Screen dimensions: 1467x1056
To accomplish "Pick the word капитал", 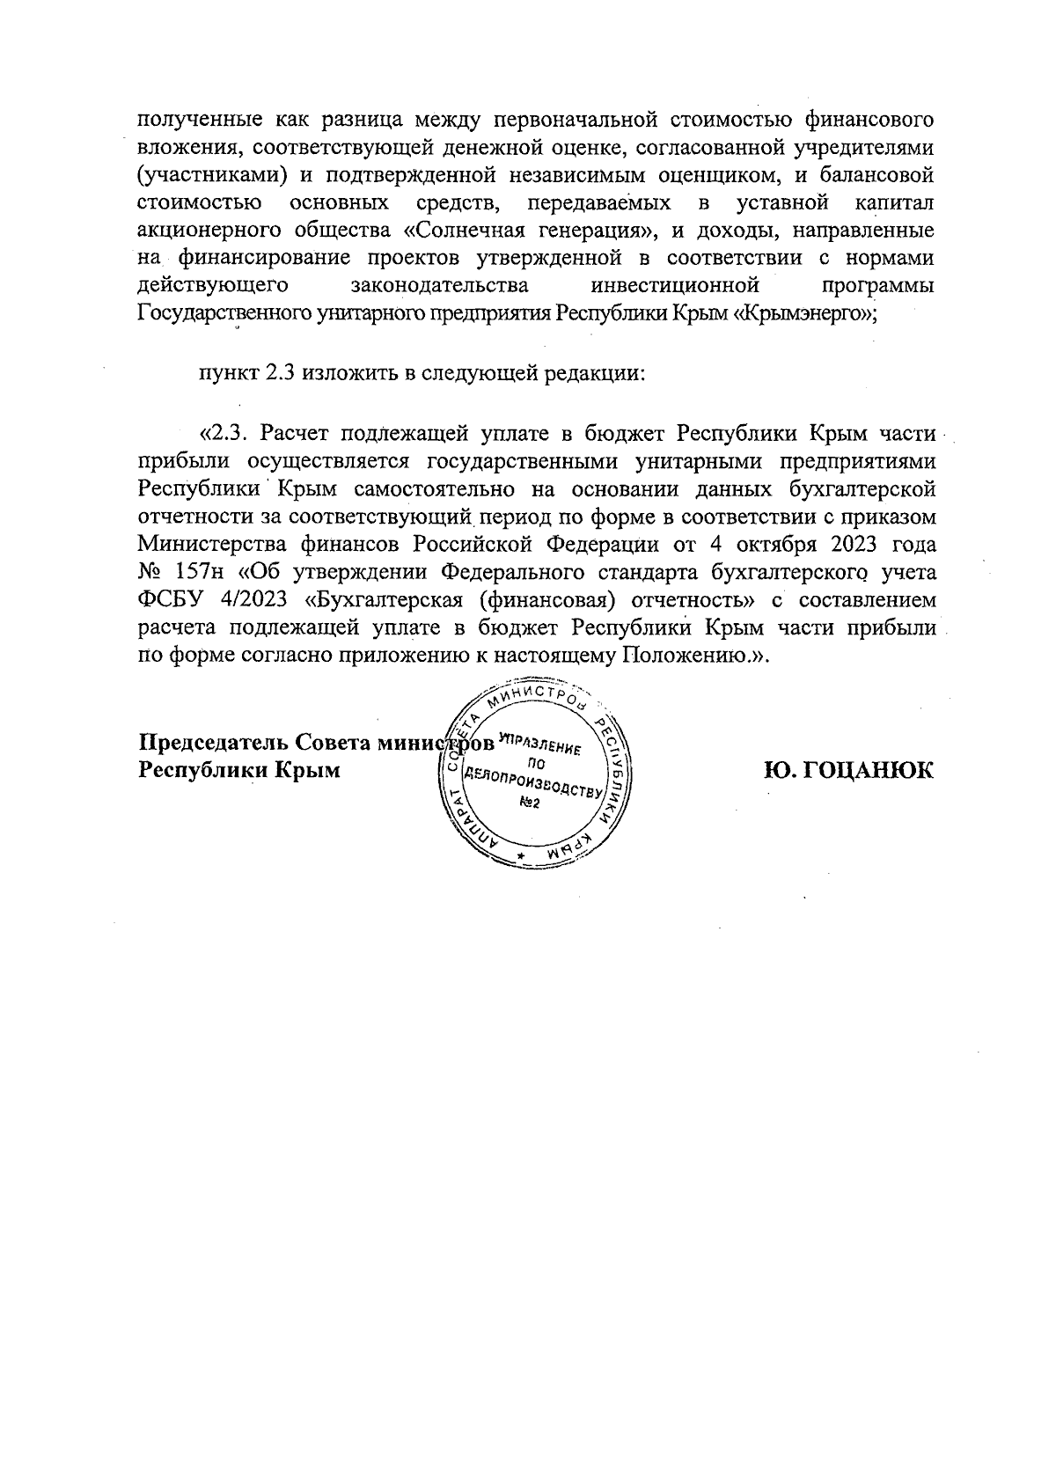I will click(x=895, y=204).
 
